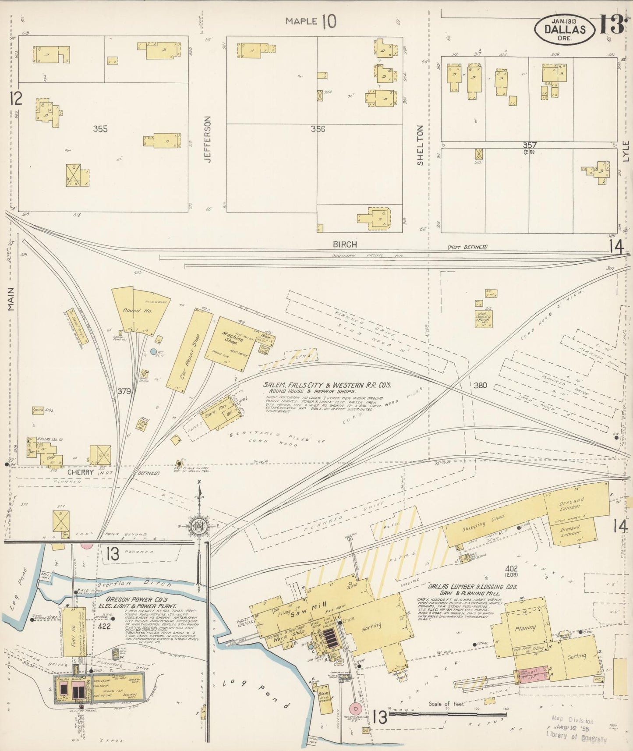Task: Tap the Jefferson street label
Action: (208, 139)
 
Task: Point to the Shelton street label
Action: (420, 145)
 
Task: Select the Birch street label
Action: (345, 244)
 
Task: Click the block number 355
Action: (100, 129)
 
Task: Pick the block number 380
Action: (480, 386)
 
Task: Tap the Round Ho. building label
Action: (131, 310)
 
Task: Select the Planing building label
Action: (525, 627)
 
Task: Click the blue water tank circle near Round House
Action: (153, 351)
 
